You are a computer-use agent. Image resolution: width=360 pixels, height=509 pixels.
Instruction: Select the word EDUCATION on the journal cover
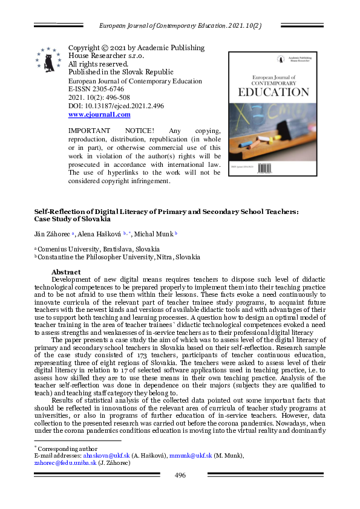(273, 92)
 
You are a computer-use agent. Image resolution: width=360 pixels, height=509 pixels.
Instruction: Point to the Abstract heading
(66, 272)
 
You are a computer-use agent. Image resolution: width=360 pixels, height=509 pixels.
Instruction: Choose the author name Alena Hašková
(99, 233)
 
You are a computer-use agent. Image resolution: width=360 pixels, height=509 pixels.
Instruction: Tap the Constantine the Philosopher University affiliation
(119, 257)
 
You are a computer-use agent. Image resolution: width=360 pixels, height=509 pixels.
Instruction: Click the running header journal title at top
(180, 25)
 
